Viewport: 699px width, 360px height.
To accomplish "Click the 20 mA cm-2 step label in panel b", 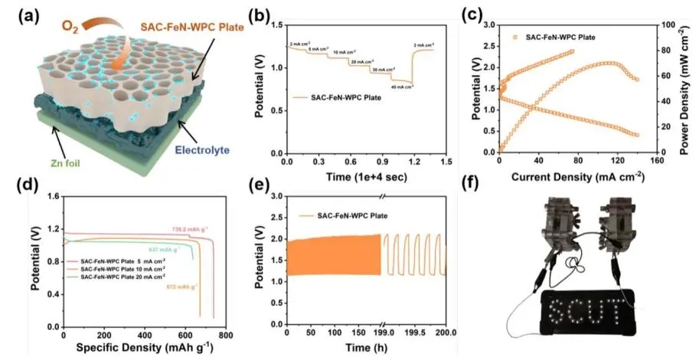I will tap(362, 61).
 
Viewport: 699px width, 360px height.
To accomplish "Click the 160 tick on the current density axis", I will tap(657, 162).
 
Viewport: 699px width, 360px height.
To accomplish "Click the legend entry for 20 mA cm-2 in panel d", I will tap(120, 276).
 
